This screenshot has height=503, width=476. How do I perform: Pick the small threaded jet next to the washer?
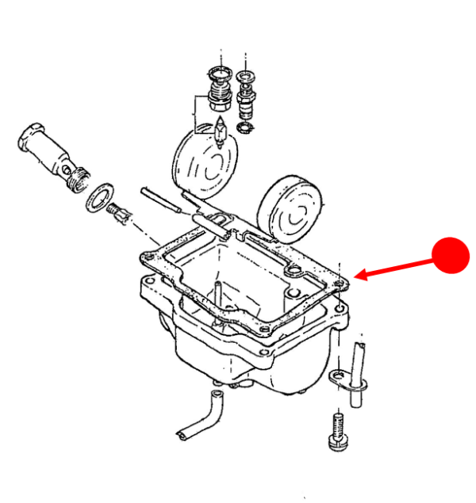click(x=121, y=214)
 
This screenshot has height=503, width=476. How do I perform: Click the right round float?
click(x=293, y=209)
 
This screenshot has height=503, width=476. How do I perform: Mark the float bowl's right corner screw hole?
click(x=339, y=307)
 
